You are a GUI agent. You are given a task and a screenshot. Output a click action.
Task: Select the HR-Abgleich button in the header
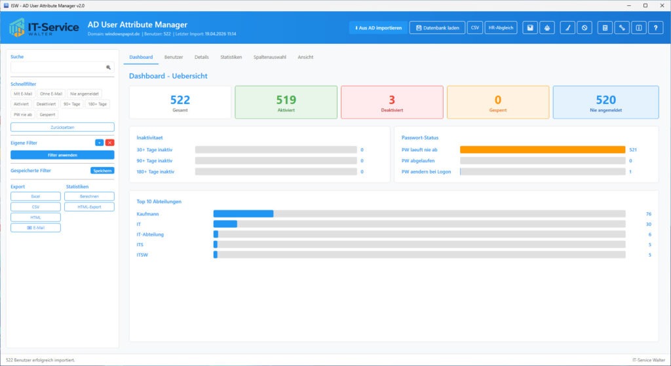pos(501,28)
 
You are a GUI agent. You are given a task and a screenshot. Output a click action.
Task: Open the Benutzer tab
pos(174,57)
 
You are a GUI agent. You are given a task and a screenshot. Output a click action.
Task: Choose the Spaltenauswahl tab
pos(270,57)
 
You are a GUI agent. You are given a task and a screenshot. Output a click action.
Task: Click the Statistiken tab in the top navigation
pos(231,57)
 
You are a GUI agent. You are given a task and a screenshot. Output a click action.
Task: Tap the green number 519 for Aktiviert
pos(286,100)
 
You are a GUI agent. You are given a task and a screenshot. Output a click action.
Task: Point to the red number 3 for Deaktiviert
pos(392,100)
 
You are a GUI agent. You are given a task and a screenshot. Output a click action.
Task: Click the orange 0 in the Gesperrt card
pos(498,100)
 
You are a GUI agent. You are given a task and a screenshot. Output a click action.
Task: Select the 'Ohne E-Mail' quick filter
pos(51,94)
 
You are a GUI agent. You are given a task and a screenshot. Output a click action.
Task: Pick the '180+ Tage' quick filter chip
pos(97,104)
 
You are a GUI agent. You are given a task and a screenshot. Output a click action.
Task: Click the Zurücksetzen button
pos(62,127)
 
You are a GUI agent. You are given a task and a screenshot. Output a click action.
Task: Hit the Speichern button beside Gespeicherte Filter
pos(102,171)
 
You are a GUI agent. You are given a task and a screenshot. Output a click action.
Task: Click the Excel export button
pos(36,196)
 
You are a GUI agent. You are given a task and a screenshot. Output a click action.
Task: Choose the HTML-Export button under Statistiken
pos(89,207)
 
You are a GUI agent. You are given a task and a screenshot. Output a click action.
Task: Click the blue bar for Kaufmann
pos(243,213)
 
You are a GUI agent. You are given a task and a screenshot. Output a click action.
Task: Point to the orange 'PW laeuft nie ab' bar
pos(543,150)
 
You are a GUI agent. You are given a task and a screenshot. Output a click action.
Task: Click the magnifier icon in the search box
pos(109,67)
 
